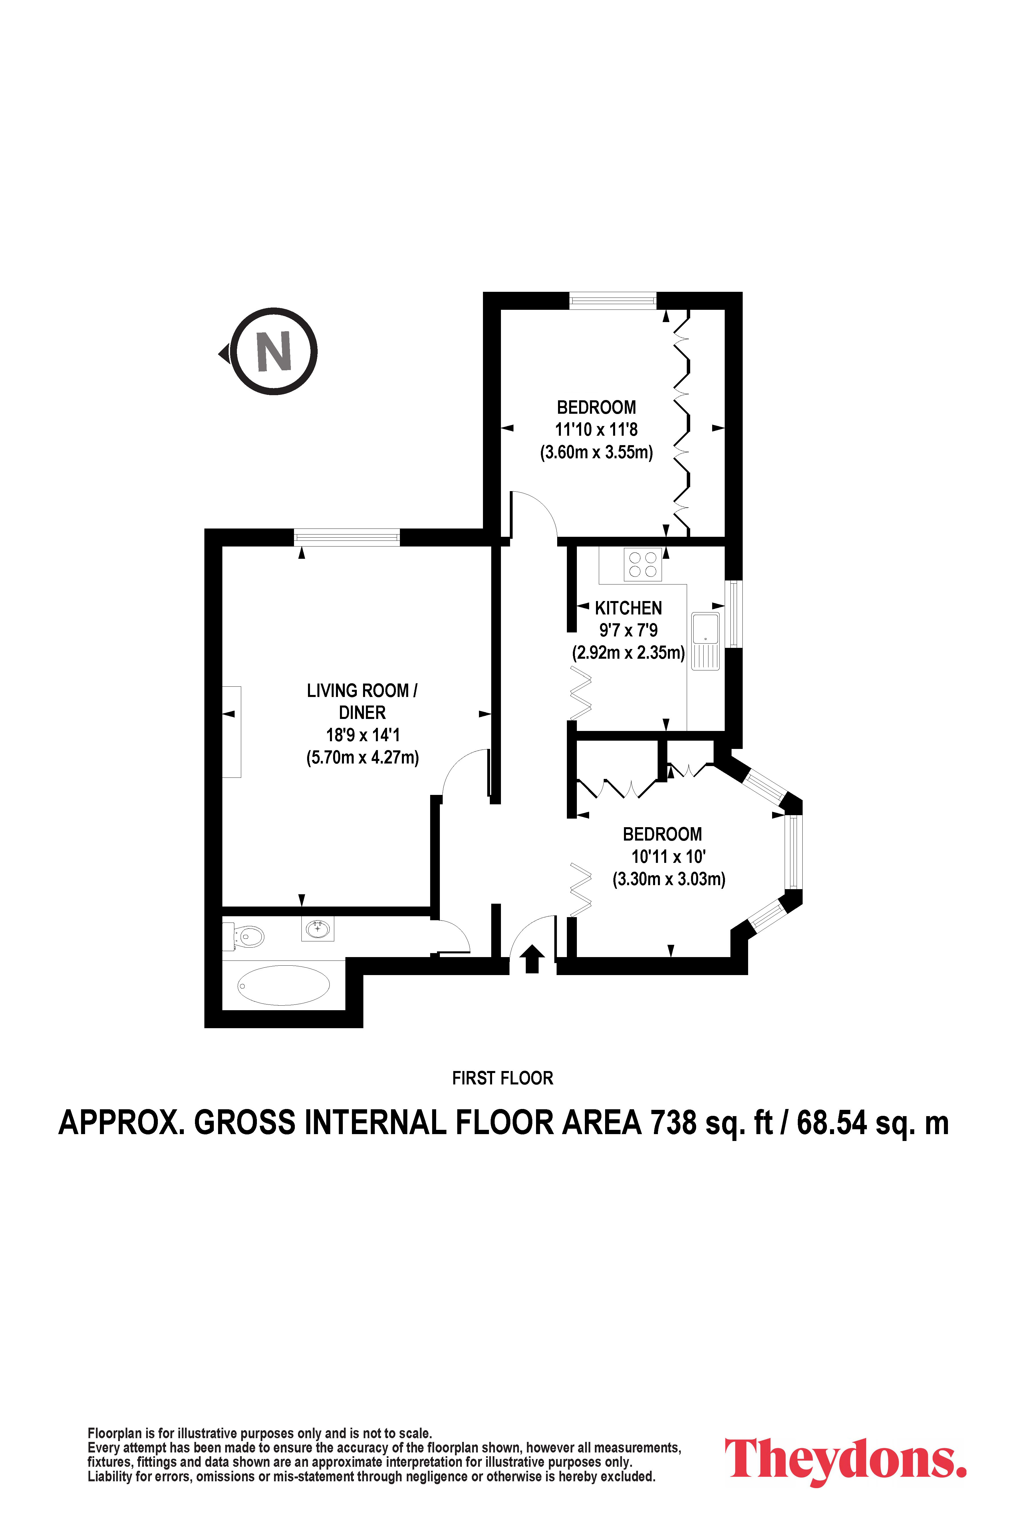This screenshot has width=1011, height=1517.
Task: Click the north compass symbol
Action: pyautogui.click(x=273, y=352)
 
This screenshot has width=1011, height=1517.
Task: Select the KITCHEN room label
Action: pyautogui.click(x=628, y=608)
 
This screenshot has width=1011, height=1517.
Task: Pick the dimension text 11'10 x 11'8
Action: pyautogui.click(x=597, y=429)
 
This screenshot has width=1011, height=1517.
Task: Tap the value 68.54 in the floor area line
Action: pyautogui.click(x=832, y=1123)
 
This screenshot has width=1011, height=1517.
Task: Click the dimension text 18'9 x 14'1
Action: pyautogui.click(x=362, y=735)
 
